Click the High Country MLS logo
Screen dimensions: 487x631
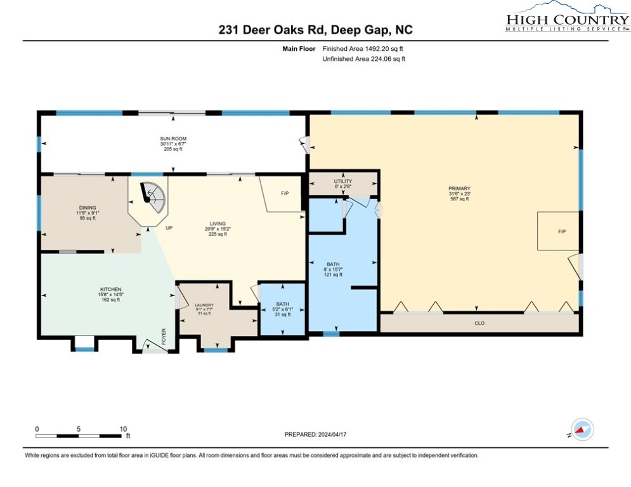click(568, 17)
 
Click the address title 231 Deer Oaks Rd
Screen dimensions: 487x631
click(315, 30)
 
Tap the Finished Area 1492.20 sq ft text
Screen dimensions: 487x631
click(363, 48)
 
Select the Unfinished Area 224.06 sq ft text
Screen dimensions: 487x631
click(363, 59)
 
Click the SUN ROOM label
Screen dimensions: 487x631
click(172, 138)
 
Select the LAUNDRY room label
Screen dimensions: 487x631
click(204, 306)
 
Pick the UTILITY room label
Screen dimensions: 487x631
click(342, 181)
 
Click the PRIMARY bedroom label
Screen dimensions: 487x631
click(459, 188)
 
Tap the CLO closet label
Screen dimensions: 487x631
click(479, 323)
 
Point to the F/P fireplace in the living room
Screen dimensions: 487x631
click(285, 192)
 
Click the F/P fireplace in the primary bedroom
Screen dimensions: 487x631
click(561, 231)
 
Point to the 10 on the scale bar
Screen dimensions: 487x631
click(123, 429)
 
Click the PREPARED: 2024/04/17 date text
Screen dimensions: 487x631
click(315, 434)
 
